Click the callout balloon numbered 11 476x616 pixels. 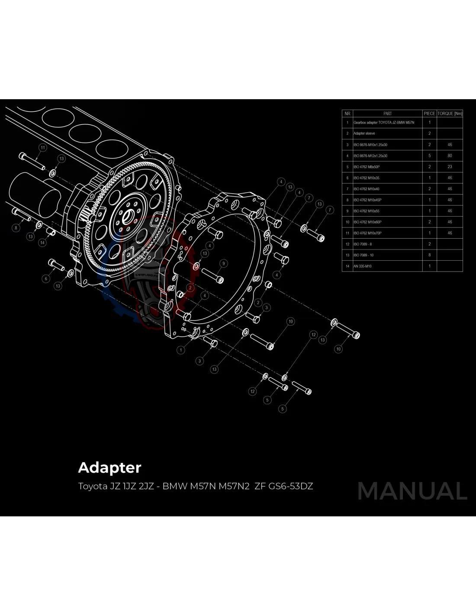point(42,148)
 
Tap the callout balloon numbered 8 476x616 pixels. point(16,228)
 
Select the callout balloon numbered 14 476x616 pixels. point(42,243)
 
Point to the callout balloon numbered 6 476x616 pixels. point(46,279)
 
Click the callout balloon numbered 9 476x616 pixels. point(224,263)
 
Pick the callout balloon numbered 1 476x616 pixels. point(181,350)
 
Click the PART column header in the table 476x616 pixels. point(387,113)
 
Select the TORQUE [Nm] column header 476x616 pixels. point(450,113)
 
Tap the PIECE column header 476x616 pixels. point(429,113)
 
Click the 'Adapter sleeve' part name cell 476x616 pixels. point(364,133)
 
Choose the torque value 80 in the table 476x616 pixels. point(450,156)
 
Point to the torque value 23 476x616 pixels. point(450,167)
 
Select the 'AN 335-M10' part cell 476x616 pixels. point(363,266)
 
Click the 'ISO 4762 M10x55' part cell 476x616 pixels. point(367,211)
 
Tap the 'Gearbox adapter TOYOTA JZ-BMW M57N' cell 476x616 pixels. point(384,123)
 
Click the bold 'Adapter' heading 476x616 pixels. point(109,468)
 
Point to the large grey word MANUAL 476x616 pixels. point(412,491)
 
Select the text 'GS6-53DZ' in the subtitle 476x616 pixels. point(291,486)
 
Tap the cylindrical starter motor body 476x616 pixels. point(35,192)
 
